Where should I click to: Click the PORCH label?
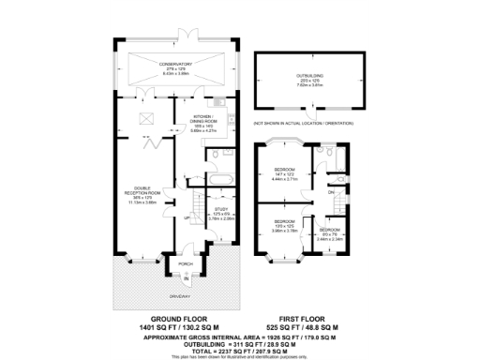tap(186, 264)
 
